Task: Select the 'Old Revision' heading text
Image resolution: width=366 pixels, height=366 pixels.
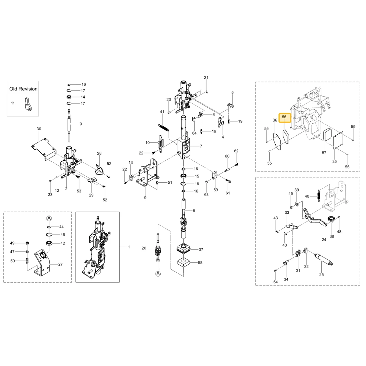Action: [23, 89]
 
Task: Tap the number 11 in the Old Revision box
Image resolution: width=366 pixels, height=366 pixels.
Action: [13, 103]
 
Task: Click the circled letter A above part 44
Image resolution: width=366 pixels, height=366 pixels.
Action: [49, 219]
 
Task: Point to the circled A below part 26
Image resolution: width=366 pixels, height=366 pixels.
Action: [158, 273]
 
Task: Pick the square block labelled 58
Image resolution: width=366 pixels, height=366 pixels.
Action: [183, 262]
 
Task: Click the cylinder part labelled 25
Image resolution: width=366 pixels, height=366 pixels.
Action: [324, 259]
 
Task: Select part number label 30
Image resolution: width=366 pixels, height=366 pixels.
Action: [39, 129]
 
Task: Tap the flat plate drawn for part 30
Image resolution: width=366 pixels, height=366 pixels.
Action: [44, 149]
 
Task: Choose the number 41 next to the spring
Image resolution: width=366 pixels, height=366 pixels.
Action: [162, 112]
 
